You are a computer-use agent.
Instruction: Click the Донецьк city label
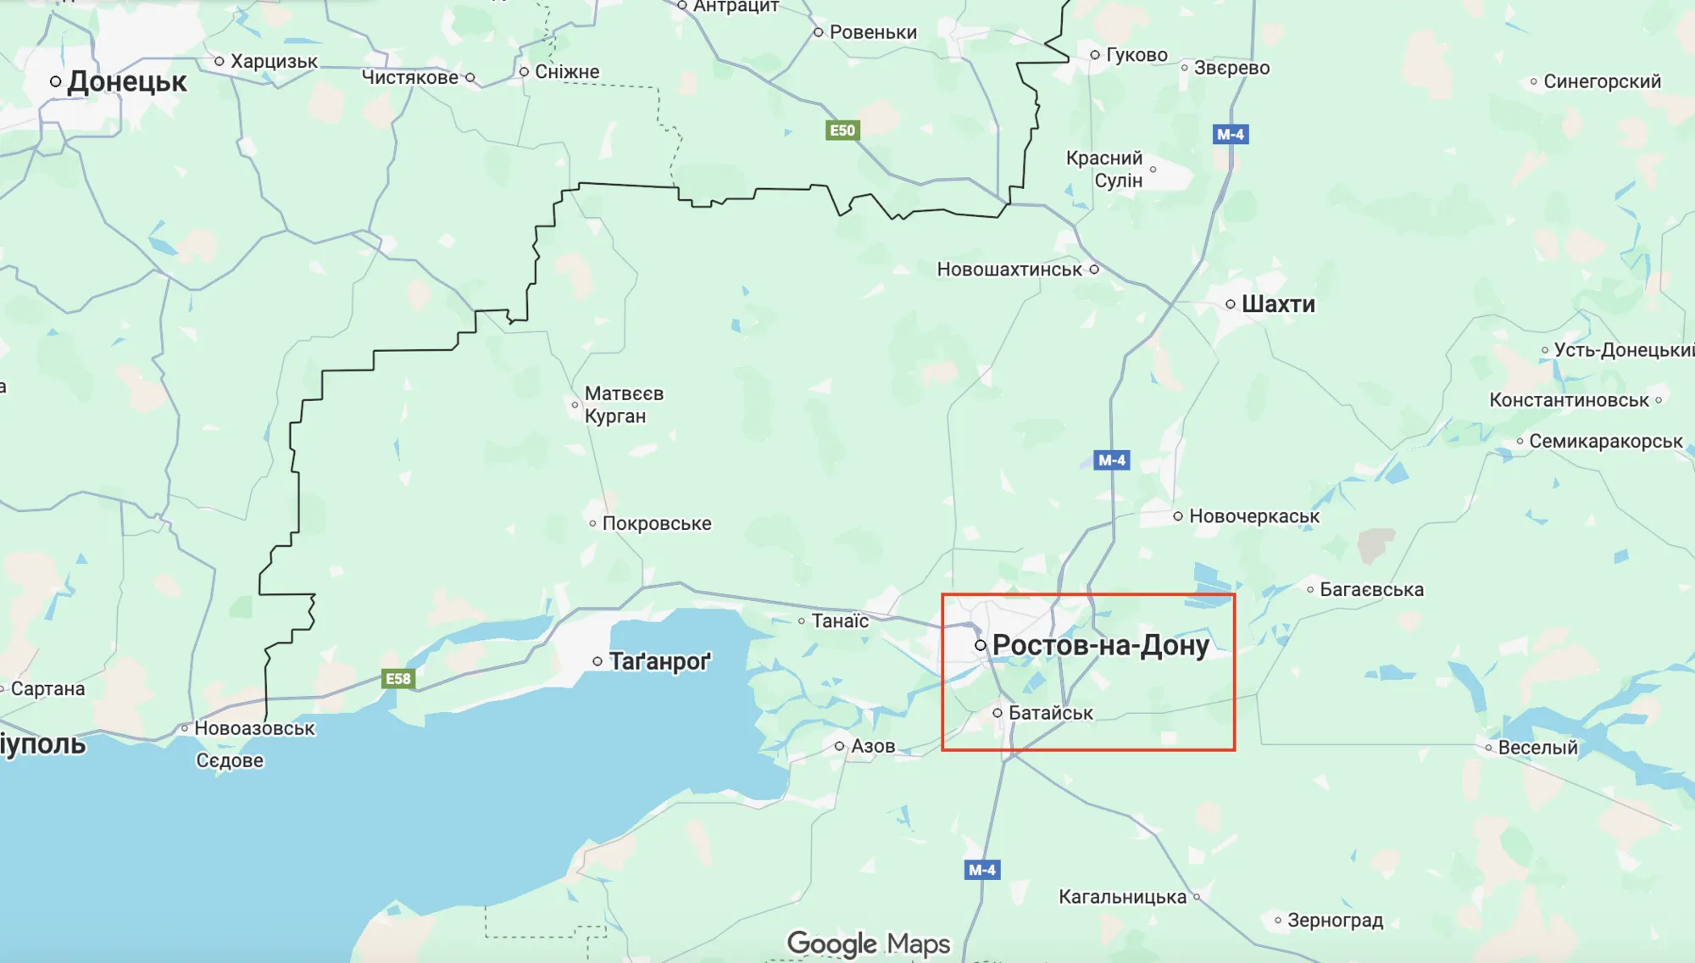click(125, 82)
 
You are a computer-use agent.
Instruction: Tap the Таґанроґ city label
click(659, 661)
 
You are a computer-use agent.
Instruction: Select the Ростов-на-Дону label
click(1100, 645)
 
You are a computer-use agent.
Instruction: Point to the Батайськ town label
click(1050, 713)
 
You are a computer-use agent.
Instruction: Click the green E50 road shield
click(842, 130)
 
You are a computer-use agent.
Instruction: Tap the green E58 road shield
click(398, 678)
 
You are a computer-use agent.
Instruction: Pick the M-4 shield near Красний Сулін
click(1230, 134)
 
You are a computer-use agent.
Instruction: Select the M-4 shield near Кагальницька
click(982, 870)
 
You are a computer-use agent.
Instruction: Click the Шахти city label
click(1277, 304)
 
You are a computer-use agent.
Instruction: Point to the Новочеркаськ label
click(1253, 516)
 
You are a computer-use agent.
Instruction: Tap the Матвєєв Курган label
click(623, 405)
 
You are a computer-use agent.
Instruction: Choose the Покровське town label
click(656, 524)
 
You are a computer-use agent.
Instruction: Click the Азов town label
click(872, 746)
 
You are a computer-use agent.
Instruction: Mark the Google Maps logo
click(868, 944)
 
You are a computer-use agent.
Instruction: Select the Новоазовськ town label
click(254, 728)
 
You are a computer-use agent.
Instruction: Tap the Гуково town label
click(1136, 55)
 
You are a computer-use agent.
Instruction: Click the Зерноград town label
click(1334, 920)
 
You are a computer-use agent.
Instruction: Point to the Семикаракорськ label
click(1605, 441)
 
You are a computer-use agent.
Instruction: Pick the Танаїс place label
click(839, 621)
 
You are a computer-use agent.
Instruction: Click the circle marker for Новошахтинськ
click(1094, 270)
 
